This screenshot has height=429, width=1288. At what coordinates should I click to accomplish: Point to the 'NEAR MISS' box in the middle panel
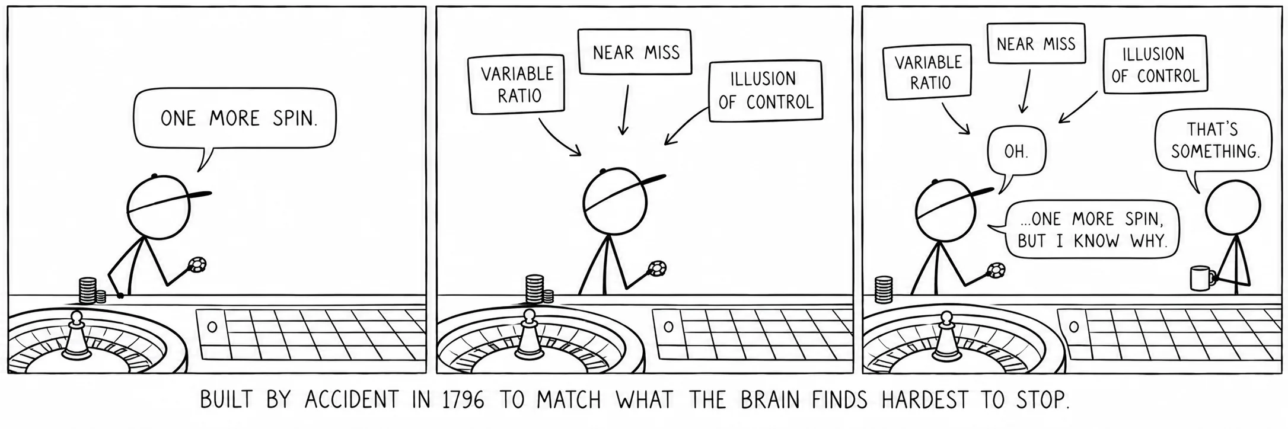coord(635,52)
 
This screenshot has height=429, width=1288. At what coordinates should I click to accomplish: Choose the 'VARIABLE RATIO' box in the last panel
coord(928,72)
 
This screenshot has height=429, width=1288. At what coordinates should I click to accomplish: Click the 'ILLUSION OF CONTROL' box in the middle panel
coord(766,91)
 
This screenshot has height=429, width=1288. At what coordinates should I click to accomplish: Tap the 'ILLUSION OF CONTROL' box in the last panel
coord(1155,64)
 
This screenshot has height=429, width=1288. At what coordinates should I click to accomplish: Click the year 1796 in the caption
coord(463,401)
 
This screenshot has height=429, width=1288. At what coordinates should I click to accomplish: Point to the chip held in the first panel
coord(197,265)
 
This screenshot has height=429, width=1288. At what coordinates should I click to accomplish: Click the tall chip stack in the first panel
coord(88,290)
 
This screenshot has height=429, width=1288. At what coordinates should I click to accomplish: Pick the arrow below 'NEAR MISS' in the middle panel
coord(624,109)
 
